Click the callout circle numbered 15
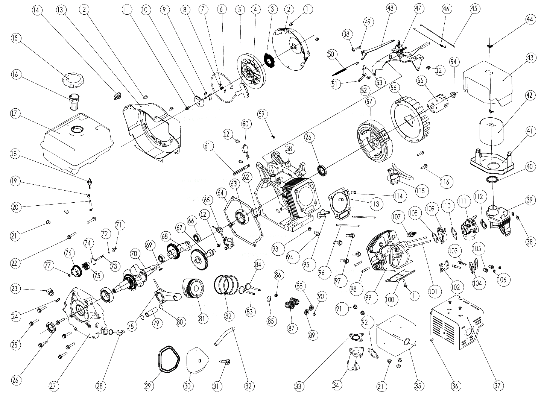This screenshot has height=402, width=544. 17,39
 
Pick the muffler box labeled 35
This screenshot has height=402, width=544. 395,335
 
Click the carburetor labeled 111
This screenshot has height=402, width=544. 469,227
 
